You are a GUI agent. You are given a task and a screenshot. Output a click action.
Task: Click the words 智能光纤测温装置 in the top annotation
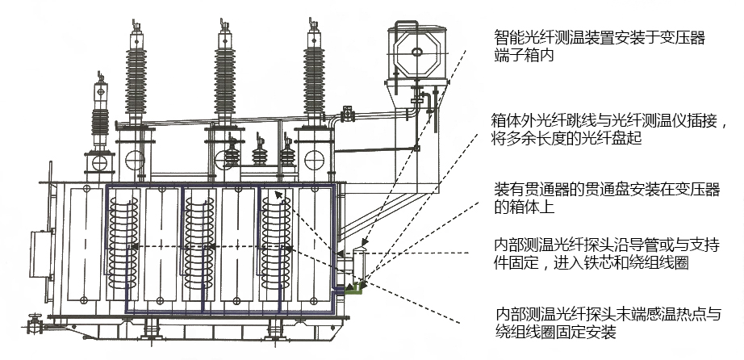click(x=549, y=37)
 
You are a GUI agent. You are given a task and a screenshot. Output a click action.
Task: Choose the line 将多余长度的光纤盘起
click(x=573, y=138)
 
